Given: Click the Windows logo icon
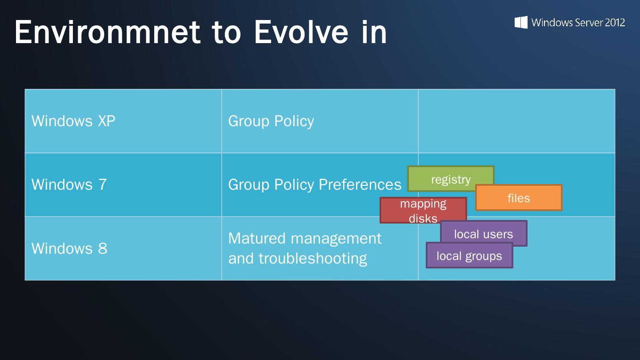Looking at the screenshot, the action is point(521,22).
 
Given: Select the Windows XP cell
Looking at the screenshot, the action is point(123,121).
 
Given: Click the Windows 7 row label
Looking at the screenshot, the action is point(69,184).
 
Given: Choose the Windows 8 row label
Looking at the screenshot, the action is point(69,248).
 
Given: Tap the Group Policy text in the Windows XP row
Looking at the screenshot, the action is point(271,121).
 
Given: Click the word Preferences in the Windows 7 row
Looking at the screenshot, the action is point(360,184).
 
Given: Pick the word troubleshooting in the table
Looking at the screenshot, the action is point(313,258).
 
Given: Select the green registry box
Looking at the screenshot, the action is point(451,179).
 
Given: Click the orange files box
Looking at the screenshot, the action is point(519,198).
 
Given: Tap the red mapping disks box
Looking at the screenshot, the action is point(423,210).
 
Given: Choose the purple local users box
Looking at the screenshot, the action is point(484,233).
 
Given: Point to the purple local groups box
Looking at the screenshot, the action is point(469,256).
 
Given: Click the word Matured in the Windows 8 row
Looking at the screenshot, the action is point(257,238).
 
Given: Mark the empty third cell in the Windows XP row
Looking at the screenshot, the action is point(516,121).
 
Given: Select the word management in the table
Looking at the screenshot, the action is point(336,239).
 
